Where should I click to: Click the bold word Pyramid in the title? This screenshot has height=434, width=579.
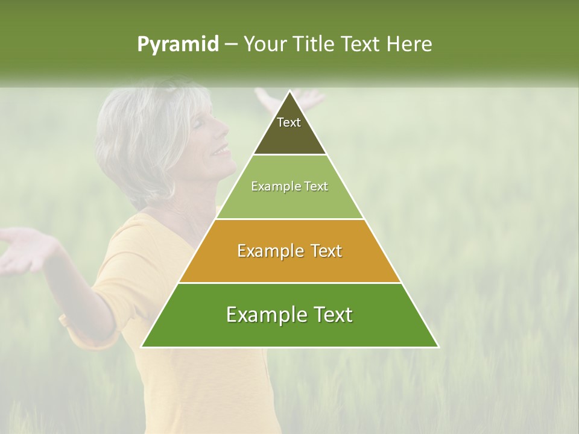pos(178,45)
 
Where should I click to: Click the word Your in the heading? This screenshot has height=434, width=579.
pos(266,45)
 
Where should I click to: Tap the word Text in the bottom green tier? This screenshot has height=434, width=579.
pos(331,315)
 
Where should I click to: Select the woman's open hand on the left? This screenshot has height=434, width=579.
pos(24,247)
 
